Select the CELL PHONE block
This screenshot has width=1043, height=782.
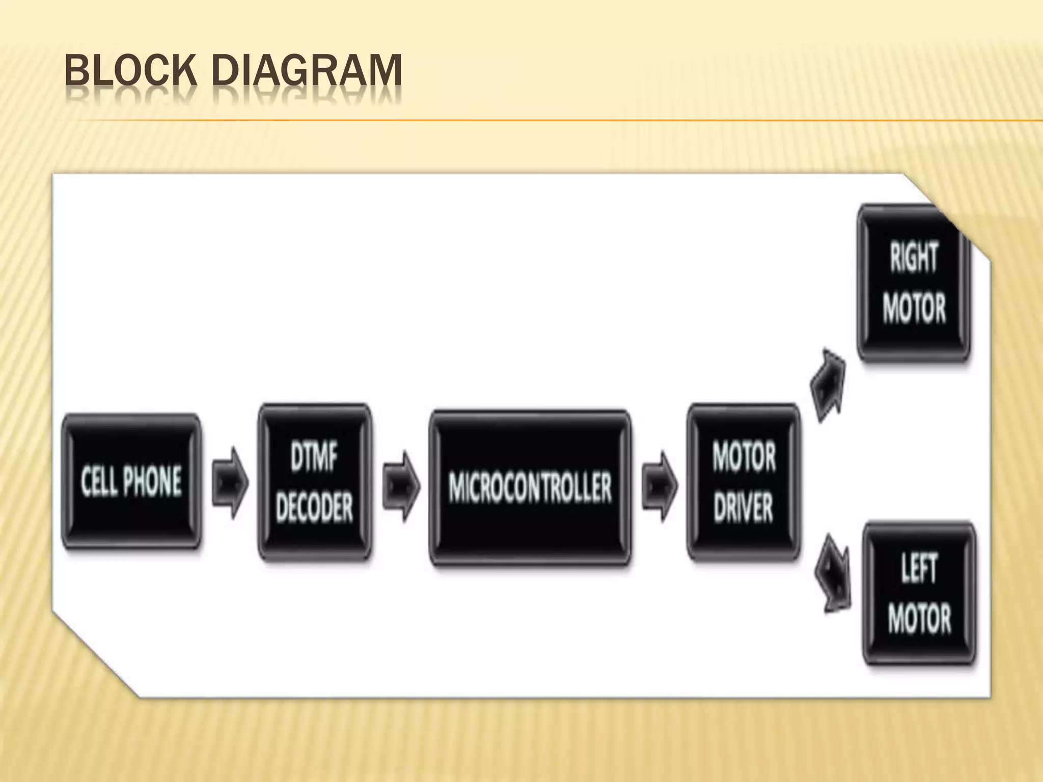[x=131, y=481]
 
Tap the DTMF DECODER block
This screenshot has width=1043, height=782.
[x=314, y=482]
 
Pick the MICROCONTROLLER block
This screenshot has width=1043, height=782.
[x=530, y=487]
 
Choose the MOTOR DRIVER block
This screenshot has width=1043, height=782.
[x=744, y=482]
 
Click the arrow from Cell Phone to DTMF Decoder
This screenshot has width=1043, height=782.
[x=230, y=483]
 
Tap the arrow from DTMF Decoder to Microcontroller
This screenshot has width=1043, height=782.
[x=402, y=486]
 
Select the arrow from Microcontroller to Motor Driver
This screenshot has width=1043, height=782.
[x=660, y=486]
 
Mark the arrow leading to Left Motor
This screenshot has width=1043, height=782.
[x=832, y=573]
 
